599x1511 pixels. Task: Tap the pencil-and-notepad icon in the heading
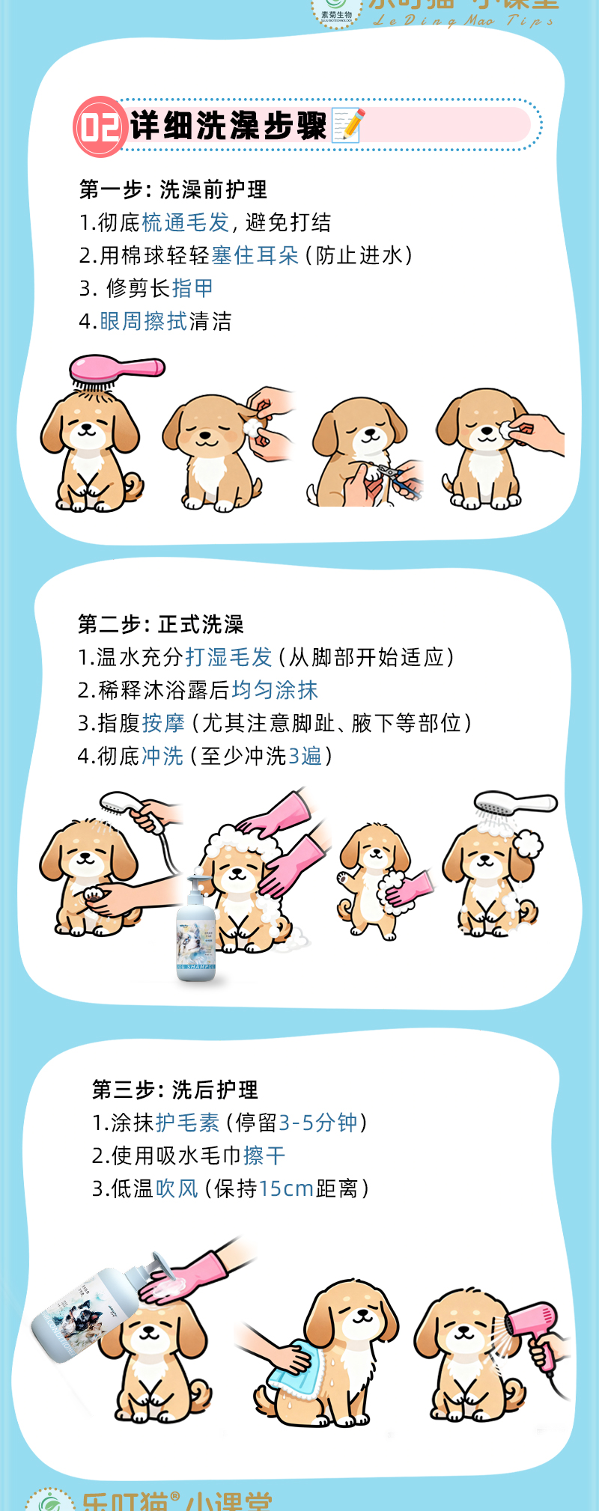point(348,125)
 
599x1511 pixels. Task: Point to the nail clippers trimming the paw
point(396,477)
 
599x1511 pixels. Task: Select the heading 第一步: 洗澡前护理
point(173,190)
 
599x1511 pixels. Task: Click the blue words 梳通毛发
point(185,223)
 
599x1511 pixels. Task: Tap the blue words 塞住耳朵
point(255,256)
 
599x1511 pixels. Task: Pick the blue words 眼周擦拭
point(143,322)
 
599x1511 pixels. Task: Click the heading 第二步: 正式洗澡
point(161,624)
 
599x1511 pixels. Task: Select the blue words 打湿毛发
point(228,658)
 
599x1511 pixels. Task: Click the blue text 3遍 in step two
point(305,757)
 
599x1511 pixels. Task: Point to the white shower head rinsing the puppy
point(515,805)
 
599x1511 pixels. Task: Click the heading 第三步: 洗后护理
point(175,1090)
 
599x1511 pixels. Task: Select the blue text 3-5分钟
point(317,1123)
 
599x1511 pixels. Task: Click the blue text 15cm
point(286,1189)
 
